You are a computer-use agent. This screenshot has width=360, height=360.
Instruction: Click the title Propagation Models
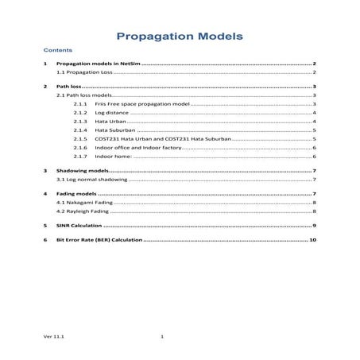(x=179, y=37)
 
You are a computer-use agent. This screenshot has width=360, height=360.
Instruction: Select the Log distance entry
(x=111, y=113)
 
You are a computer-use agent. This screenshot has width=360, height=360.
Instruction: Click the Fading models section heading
(x=76, y=194)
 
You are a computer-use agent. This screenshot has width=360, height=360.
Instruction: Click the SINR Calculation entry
(x=79, y=226)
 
